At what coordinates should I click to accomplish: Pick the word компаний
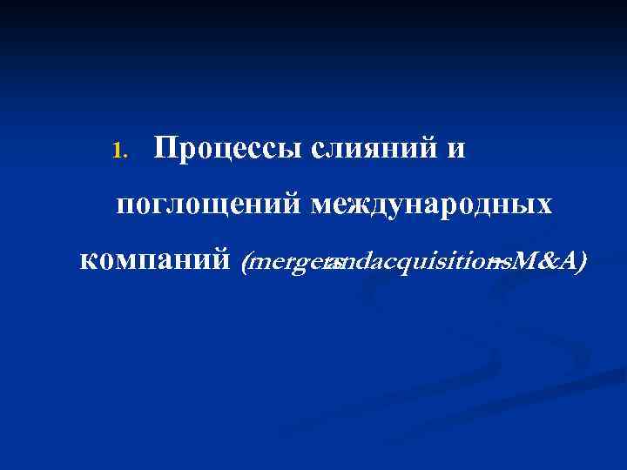(x=154, y=260)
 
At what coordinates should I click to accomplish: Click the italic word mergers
(x=287, y=261)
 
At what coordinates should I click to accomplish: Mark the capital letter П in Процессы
(x=165, y=149)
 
